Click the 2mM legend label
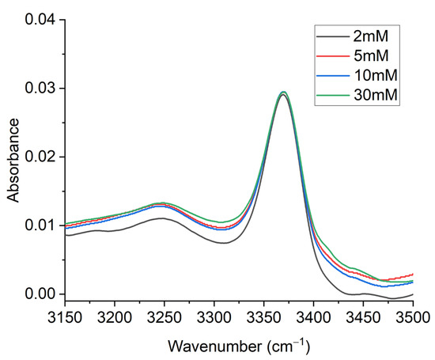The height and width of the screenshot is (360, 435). (x=371, y=36)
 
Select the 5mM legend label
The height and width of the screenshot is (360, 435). (x=371, y=56)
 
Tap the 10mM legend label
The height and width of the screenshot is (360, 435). (x=376, y=75)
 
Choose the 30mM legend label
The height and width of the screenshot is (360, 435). (x=376, y=95)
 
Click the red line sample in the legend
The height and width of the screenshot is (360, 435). (x=333, y=56)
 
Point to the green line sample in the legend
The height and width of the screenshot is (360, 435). (x=333, y=95)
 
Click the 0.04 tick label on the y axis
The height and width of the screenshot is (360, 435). (x=41, y=20)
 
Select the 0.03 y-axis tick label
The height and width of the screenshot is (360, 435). (x=41, y=89)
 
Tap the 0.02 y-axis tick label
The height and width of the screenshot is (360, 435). (x=41, y=157)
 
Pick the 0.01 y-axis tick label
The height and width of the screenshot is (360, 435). (x=41, y=225)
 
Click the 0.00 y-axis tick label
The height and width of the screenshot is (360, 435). (x=41, y=294)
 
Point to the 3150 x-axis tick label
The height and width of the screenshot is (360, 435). (x=65, y=317)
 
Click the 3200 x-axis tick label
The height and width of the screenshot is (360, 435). (x=115, y=317)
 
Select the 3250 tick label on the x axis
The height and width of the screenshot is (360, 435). (x=165, y=317)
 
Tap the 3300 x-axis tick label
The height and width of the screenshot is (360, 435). (x=214, y=317)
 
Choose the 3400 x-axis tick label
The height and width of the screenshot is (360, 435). (x=313, y=317)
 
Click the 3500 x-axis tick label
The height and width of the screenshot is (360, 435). (x=413, y=317)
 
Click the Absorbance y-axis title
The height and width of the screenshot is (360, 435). (x=13, y=161)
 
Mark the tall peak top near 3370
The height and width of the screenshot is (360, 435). (x=283, y=92)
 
